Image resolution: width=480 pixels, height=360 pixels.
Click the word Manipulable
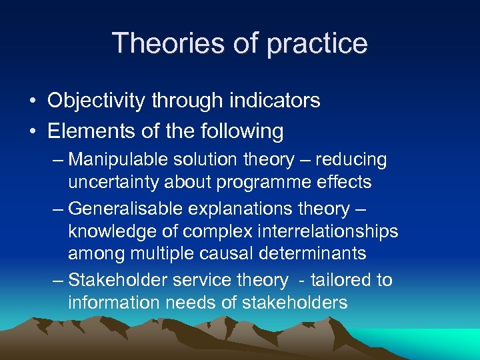[x=118, y=160]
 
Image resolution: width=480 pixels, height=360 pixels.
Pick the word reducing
[x=351, y=160]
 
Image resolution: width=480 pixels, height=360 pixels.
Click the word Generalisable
[x=122, y=209]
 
